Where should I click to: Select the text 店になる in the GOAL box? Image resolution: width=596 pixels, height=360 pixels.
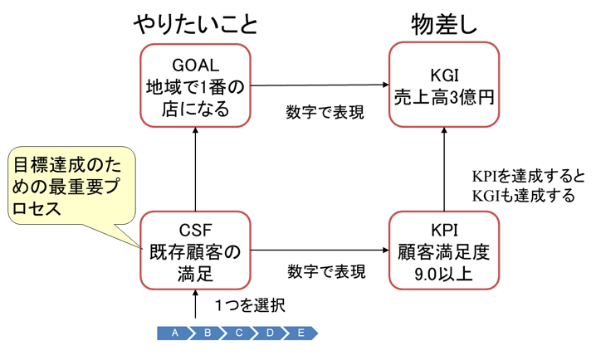click(195, 109)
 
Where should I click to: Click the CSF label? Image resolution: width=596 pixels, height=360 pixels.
click(195, 229)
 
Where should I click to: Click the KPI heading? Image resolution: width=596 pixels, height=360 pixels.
click(444, 229)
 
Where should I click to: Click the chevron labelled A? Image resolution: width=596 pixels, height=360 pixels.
click(174, 333)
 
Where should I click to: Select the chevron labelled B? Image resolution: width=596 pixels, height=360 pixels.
click(207, 333)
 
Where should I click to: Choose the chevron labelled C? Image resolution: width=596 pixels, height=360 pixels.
click(238, 333)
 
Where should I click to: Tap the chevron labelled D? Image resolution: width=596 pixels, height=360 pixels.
click(270, 333)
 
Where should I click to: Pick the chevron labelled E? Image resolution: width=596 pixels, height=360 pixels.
click(300, 333)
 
